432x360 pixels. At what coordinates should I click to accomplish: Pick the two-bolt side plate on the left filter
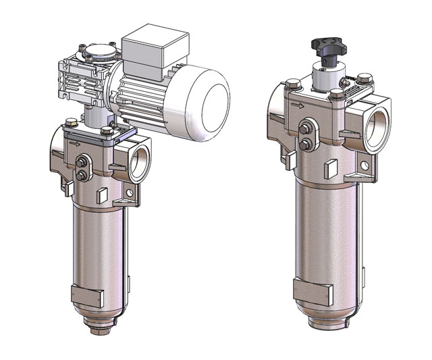point(84,168)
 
